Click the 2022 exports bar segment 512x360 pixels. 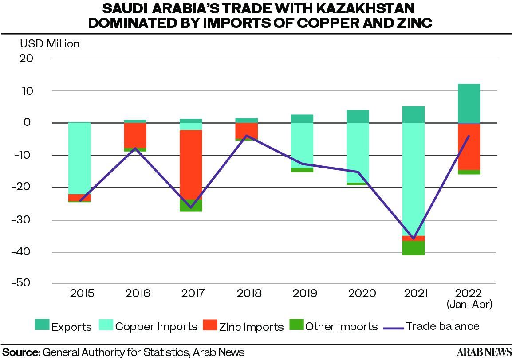(x=469, y=103)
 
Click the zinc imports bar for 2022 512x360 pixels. (x=469, y=147)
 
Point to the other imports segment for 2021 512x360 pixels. (x=414, y=248)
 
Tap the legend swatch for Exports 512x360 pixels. (x=42, y=325)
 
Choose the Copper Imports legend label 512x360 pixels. (x=156, y=327)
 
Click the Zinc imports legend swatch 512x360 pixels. (x=210, y=325)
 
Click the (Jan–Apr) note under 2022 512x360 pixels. (x=469, y=304)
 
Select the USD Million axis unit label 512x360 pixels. (x=50, y=44)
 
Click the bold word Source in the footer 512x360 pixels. (x=21, y=352)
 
